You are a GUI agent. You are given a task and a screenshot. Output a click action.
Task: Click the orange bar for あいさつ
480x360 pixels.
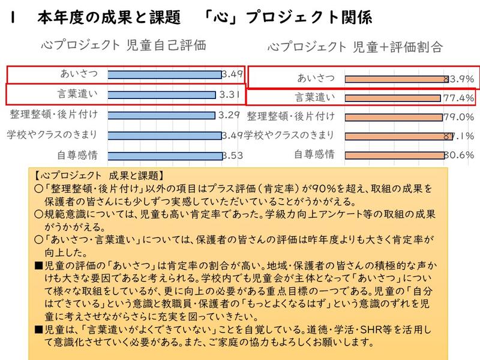[396, 79]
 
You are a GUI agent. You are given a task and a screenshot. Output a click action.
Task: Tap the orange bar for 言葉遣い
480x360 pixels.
[392, 98]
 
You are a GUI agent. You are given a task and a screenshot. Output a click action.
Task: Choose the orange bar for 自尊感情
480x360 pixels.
[394, 155]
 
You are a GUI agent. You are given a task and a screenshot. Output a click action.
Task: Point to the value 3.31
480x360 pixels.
[230, 94]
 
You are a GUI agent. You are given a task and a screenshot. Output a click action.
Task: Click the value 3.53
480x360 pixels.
[232, 155]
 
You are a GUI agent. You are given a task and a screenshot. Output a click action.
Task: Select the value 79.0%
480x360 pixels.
[459, 117]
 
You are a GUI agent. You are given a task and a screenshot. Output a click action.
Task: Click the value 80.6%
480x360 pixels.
[459, 155]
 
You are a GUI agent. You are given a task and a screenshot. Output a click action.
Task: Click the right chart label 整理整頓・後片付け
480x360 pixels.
[291, 116]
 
